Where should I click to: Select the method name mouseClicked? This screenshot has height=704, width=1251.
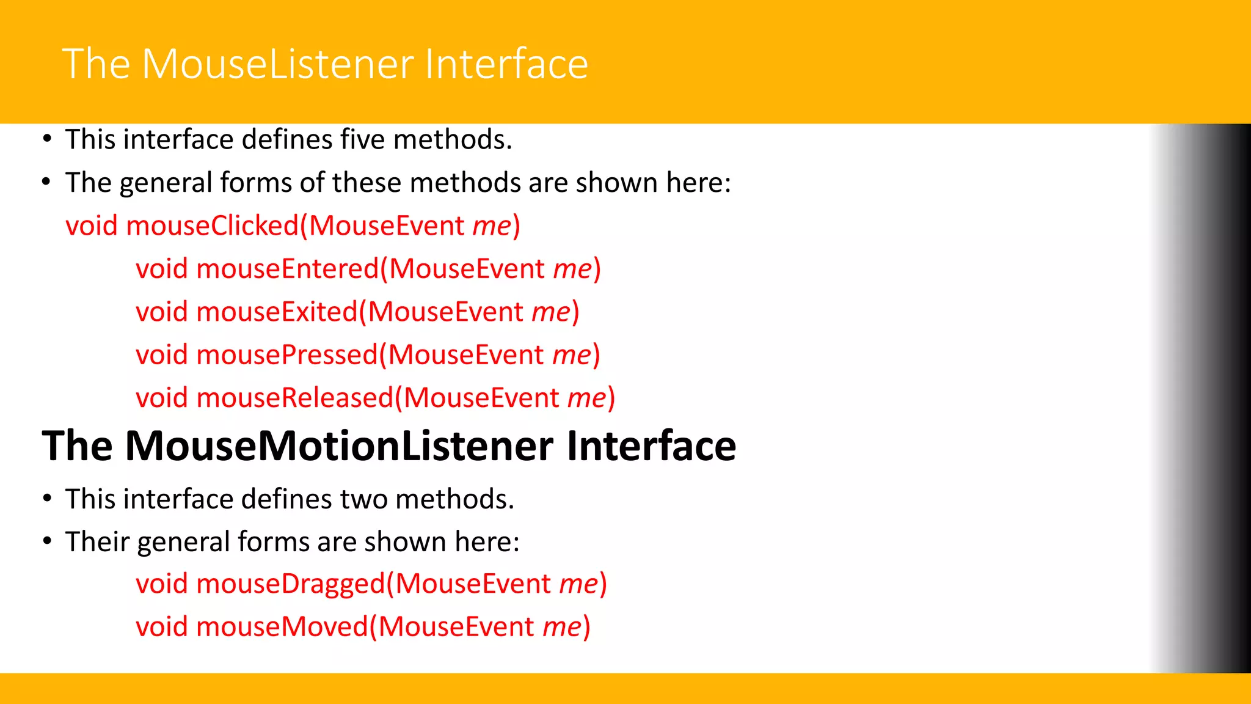pyautogui.click(x=212, y=226)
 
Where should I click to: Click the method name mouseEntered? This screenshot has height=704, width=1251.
pyautogui.click(x=287, y=269)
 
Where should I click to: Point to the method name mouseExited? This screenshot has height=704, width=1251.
pyautogui.click(x=276, y=312)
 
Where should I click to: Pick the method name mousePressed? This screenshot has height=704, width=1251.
pyautogui.click(x=287, y=355)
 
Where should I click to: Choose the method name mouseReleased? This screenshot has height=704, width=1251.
pyautogui.click(x=294, y=398)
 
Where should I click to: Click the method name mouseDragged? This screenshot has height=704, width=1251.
pyautogui.click(x=290, y=584)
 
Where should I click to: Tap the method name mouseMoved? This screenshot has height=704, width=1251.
pyautogui.click(x=282, y=627)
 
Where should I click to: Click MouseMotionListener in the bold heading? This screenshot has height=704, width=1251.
pyautogui.click(x=340, y=446)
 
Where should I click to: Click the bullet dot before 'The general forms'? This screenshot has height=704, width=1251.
pyautogui.click(x=47, y=182)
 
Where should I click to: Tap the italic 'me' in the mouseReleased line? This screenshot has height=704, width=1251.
pyautogui.click(x=586, y=398)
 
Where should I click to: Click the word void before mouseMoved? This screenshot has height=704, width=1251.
pyautogui.click(x=161, y=627)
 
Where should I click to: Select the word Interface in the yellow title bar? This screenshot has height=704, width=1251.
pyautogui.click(x=506, y=64)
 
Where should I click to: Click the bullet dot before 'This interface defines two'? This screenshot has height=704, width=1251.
pyautogui.click(x=47, y=499)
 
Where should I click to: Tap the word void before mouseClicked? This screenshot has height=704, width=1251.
pyautogui.click(x=91, y=226)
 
